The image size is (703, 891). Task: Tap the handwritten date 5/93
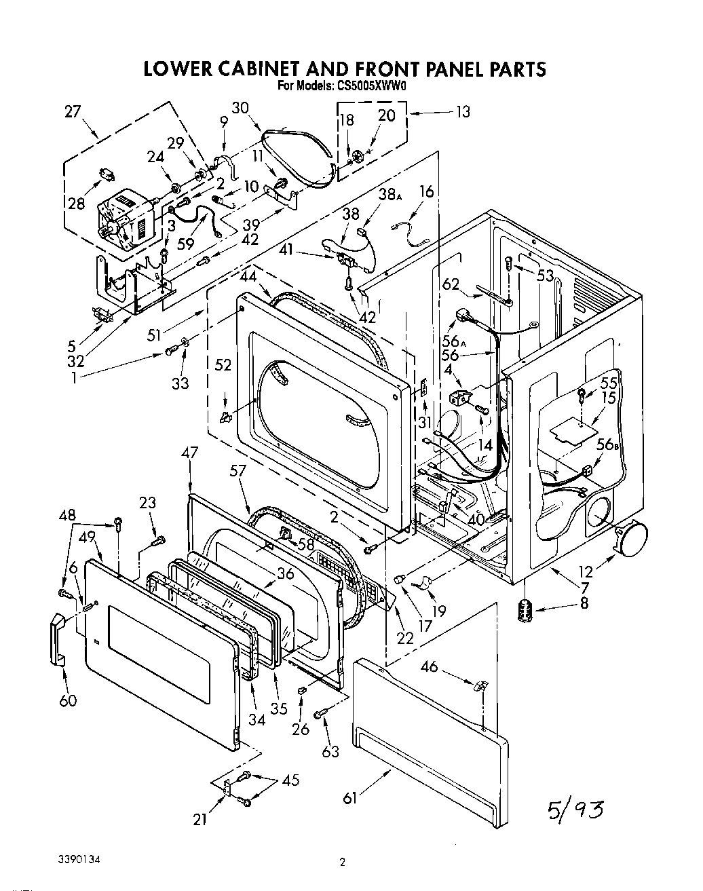click(574, 809)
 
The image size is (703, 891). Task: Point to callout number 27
click(73, 113)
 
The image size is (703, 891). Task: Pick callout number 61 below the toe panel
click(350, 798)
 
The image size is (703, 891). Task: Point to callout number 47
click(190, 453)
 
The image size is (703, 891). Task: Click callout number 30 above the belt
click(240, 108)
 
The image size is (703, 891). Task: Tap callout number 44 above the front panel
click(248, 276)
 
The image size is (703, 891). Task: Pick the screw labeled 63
click(322, 714)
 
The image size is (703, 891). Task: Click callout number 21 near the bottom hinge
click(199, 820)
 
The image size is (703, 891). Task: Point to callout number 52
click(223, 365)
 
